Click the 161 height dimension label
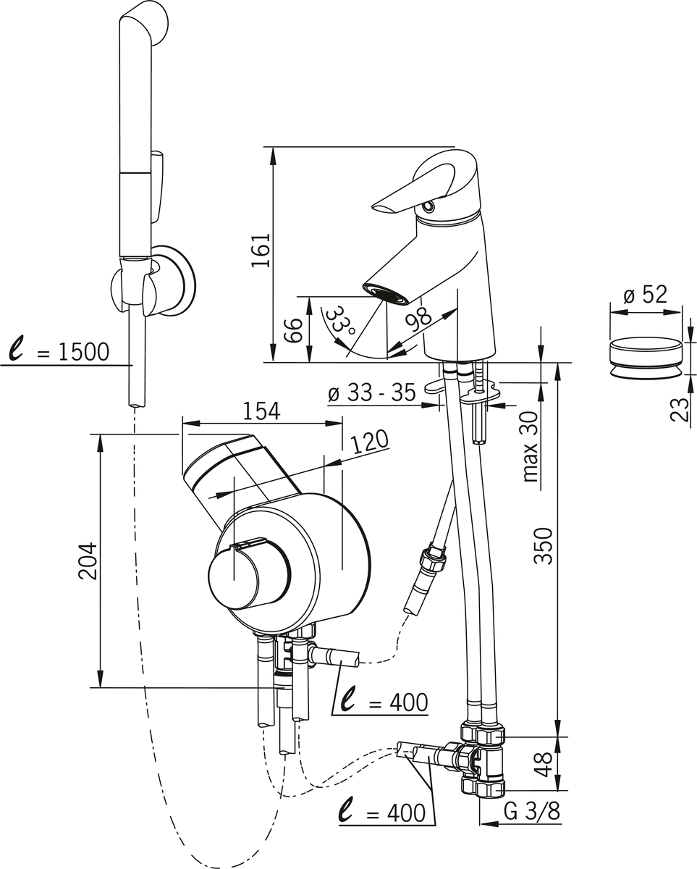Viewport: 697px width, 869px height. [261, 250]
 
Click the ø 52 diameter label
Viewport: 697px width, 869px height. [645, 295]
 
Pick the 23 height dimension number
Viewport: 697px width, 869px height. [680, 409]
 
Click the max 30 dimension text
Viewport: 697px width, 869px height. [531, 447]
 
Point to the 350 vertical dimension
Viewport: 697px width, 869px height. [544, 546]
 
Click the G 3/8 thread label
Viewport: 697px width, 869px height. [531, 812]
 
